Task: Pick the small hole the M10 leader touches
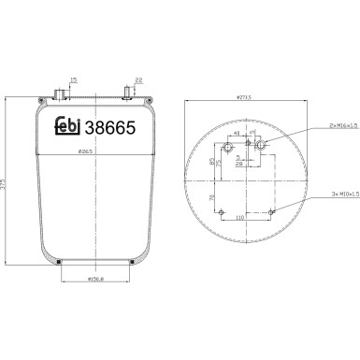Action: pyautogui.click(x=272, y=212)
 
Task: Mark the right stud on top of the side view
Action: pyautogui.click(x=127, y=94)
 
